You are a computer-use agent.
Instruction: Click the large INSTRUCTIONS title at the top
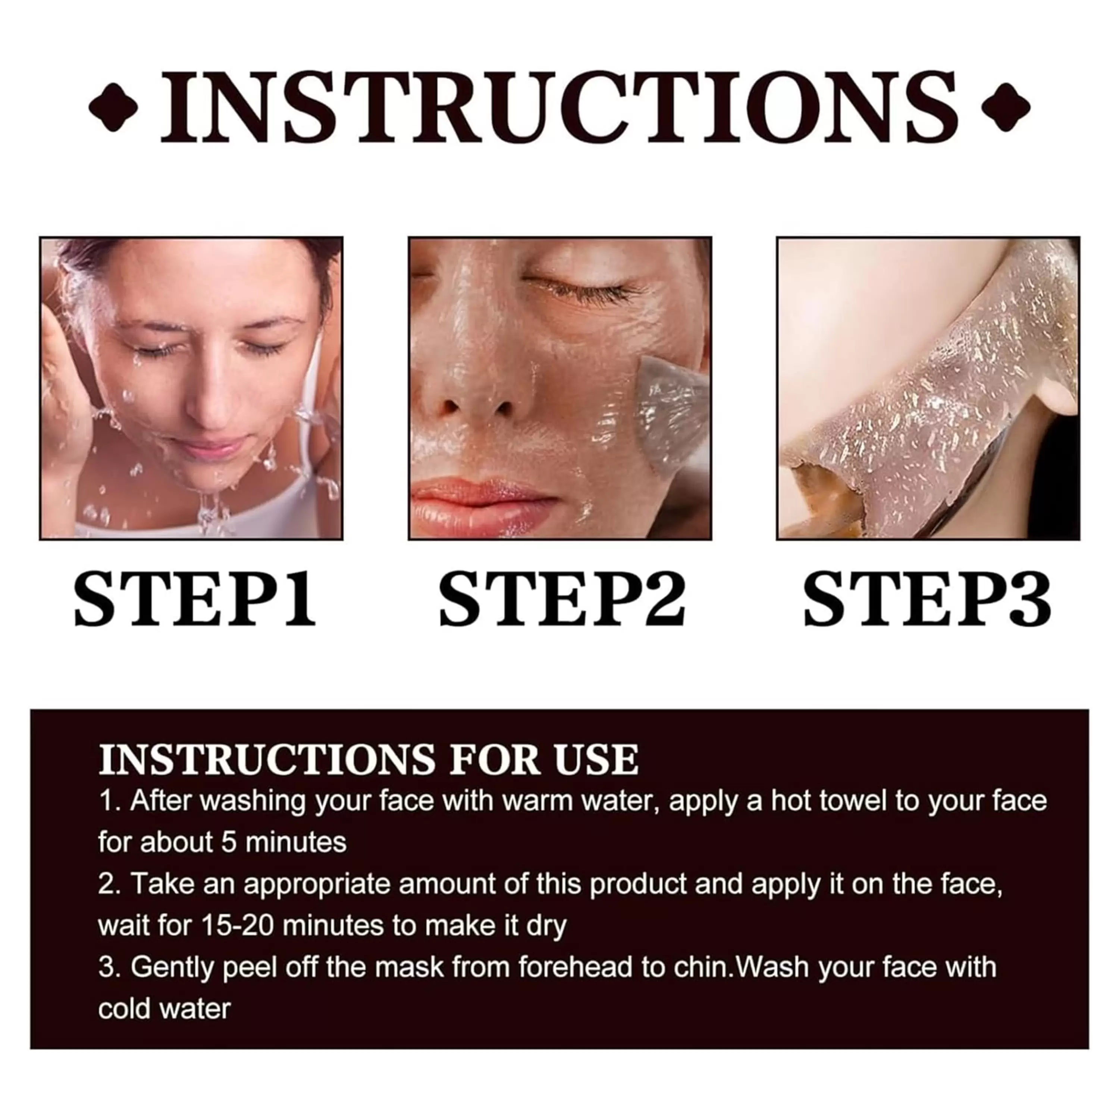tap(559, 107)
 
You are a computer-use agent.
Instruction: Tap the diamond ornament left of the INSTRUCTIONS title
tap(113, 107)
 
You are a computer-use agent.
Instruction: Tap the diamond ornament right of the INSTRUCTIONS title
tap(1006, 107)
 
